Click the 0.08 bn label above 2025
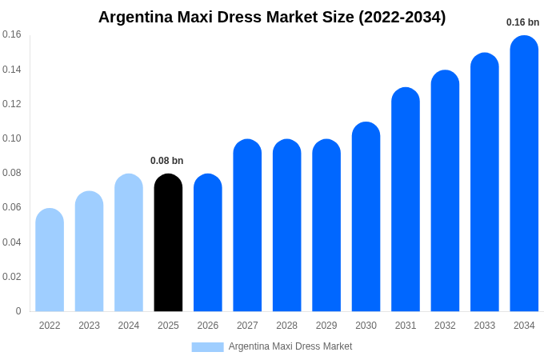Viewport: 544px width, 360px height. pyautogui.click(x=167, y=161)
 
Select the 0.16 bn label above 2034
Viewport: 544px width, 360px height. pyautogui.click(x=522, y=22)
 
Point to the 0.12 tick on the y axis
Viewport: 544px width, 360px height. pyautogui.click(x=12, y=104)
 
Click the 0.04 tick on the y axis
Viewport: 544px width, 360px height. pyautogui.click(x=12, y=242)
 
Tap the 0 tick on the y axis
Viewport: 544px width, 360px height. pyautogui.click(x=18, y=311)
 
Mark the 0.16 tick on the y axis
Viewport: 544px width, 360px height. pyautogui.click(x=12, y=34)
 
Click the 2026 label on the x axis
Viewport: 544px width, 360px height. pyautogui.click(x=208, y=326)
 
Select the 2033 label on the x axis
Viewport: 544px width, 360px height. pyautogui.click(x=485, y=326)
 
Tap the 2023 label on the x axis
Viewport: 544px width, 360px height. pyautogui.click(x=89, y=326)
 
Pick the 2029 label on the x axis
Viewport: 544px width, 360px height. pyautogui.click(x=326, y=326)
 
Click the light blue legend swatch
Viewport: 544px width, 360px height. pyautogui.click(x=207, y=347)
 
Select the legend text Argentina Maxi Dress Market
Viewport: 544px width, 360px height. pyautogui.click(x=290, y=346)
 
